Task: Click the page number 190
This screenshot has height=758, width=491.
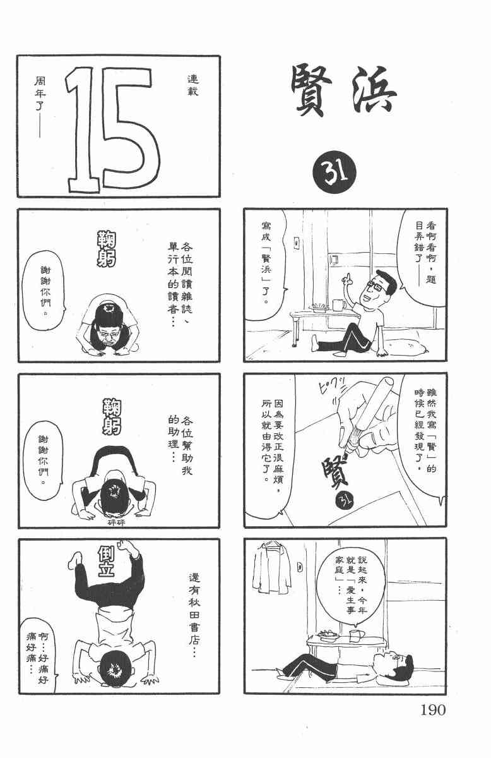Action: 433,709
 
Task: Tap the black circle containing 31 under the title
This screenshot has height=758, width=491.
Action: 334,172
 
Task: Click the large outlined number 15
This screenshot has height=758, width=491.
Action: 113,130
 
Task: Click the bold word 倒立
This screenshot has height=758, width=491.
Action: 106,562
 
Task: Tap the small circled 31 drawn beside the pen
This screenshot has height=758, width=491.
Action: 344,500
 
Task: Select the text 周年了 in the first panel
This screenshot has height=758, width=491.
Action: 40,93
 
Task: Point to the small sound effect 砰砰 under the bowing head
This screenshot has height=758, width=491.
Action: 117,522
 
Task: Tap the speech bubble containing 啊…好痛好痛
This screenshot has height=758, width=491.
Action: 38,655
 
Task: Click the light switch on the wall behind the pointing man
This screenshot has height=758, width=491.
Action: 297,243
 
